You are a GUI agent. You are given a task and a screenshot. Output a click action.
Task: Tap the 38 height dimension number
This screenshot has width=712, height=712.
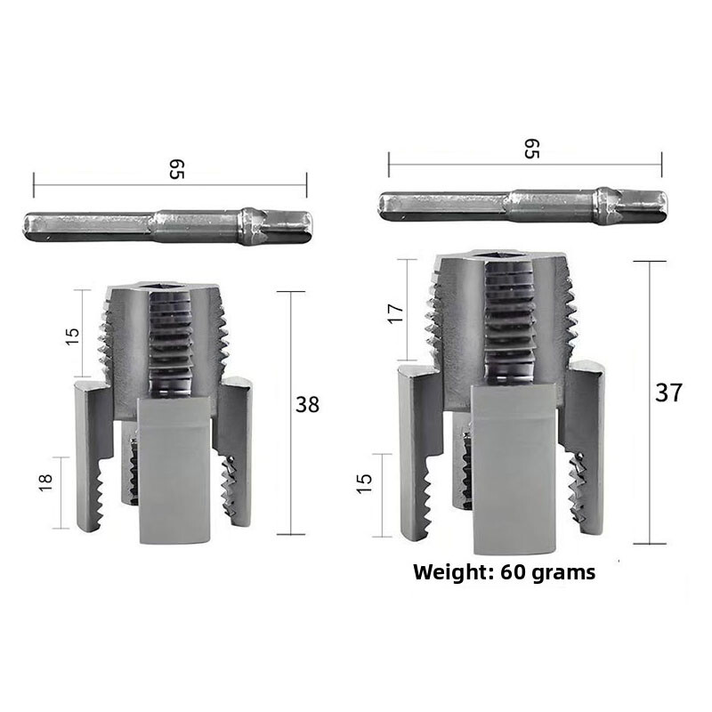click(x=307, y=404)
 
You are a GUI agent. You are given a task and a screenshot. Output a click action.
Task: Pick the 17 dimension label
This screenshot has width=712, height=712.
click(x=397, y=312)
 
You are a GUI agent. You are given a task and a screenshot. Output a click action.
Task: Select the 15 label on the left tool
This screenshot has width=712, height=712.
click(x=73, y=335)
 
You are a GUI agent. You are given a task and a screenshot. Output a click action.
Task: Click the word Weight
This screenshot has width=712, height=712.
click(x=452, y=572)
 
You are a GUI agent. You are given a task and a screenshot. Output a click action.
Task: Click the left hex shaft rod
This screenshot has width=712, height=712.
click(x=169, y=226)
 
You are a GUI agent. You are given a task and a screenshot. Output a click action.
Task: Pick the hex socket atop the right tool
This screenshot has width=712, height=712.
click(x=498, y=258)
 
